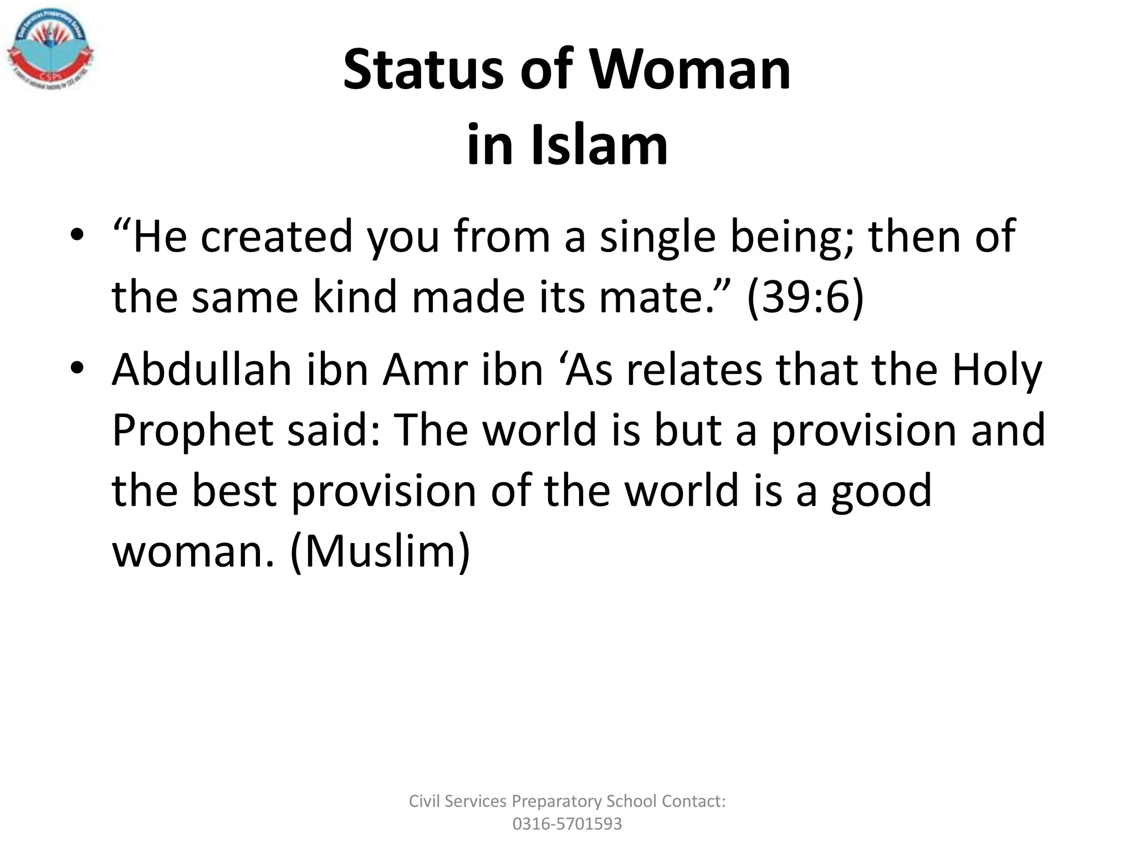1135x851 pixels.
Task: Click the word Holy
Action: coord(997,370)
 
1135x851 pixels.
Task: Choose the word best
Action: coord(234,491)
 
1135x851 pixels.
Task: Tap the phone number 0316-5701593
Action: coord(567,824)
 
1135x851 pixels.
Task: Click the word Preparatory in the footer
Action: coord(556,801)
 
